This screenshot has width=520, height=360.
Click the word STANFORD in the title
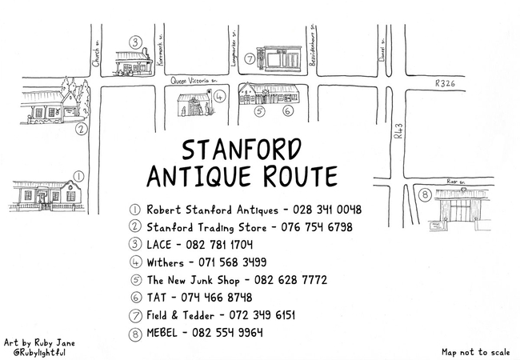click(x=242, y=150)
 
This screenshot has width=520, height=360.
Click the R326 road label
click(x=445, y=83)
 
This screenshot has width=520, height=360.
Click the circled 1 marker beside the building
click(x=78, y=175)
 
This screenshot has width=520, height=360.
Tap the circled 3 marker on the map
click(x=136, y=42)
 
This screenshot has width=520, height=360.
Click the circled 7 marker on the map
click(x=250, y=58)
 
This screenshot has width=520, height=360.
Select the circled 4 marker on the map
click(x=219, y=95)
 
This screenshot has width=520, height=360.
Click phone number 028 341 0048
click(x=327, y=210)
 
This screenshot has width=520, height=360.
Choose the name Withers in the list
click(x=165, y=262)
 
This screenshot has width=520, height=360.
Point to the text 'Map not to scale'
click(x=474, y=351)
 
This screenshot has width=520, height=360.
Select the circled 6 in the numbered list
click(x=135, y=298)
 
